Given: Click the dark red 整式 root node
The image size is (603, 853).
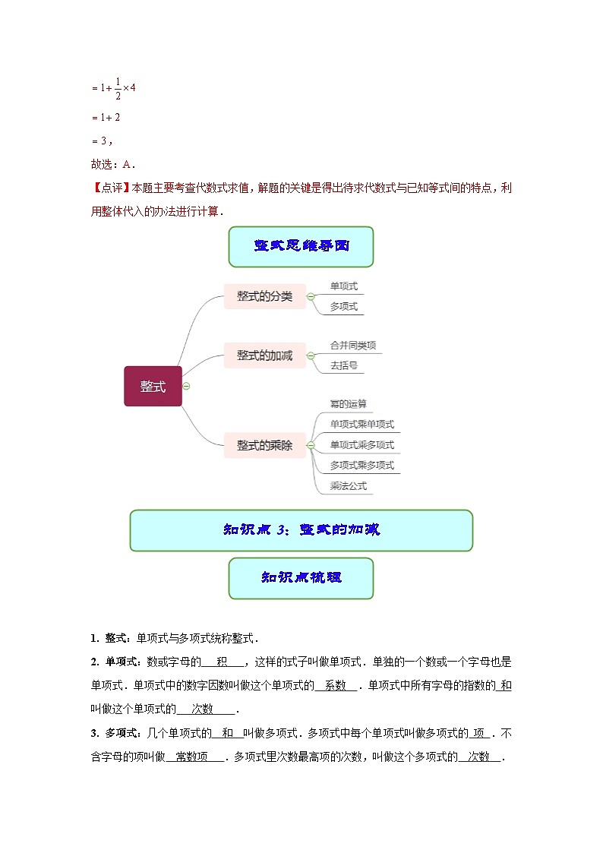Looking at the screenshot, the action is (x=153, y=386).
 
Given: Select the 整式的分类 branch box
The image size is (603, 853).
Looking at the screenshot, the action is (x=264, y=296).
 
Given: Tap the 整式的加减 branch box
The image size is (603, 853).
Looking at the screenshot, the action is (x=264, y=355).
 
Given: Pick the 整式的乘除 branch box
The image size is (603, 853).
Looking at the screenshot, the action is (x=264, y=446).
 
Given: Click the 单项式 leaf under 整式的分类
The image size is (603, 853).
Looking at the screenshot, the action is (x=343, y=286).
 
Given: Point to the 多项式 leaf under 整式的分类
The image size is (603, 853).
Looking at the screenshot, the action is (x=343, y=306).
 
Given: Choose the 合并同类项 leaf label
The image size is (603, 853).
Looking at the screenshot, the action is (x=352, y=345).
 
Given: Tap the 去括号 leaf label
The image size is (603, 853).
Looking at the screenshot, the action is (x=343, y=365).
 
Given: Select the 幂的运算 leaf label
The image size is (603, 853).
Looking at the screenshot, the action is (x=348, y=404).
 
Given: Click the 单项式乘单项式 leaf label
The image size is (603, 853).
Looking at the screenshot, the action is (x=361, y=425).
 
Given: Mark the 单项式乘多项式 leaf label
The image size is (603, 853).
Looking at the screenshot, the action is (x=361, y=445).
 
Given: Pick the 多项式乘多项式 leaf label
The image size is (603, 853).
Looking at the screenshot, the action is (x=361, y=466).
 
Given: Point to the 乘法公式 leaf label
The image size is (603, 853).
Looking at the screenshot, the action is (x=348, y=486).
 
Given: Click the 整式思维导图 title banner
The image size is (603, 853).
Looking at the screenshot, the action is (x=301, y=246).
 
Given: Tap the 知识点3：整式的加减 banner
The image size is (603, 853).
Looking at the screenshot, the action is (x=301, y=530).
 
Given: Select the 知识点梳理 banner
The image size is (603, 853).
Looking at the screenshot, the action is (x=301, y=577).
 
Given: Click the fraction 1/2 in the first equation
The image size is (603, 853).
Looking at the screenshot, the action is (x=118, y=88).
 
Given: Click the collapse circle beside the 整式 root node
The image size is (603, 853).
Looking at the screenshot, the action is (x=186, y=386).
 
